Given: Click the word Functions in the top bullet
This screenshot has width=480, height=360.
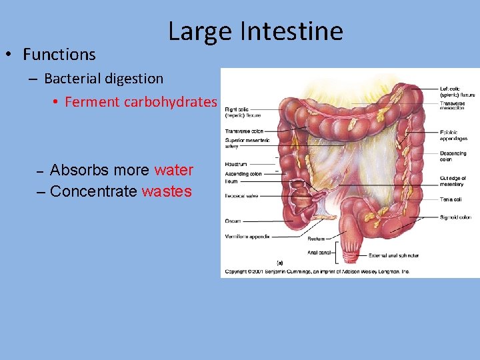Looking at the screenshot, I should pos(59,55).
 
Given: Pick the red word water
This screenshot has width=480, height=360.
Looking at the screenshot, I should pos(173,170).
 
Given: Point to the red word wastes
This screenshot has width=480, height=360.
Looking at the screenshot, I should pos(167,192).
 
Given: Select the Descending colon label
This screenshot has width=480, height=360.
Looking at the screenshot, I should pos(453,157).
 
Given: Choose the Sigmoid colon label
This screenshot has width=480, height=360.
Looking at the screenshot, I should pos(455,217).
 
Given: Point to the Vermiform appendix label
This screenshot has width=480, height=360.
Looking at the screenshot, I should pos(248,236).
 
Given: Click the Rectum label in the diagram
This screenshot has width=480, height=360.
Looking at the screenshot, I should pos(316,238).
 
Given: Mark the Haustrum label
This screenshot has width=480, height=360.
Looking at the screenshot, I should pos(236,164).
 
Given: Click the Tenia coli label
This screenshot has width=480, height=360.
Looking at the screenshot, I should pos(451,199).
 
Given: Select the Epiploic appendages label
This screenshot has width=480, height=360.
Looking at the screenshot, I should pos(453,136).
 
